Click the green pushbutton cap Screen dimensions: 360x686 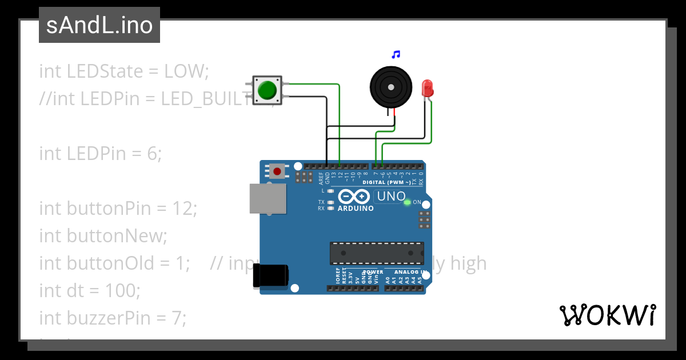pos(266,90)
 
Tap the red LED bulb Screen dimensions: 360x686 pos(426,88)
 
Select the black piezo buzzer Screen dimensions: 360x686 pos(390,87)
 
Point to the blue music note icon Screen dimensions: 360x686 pos(396,55)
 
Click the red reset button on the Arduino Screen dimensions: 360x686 pos(278,171)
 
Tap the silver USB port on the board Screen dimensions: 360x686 pos(268,198)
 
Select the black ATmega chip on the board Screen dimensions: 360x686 pos(377,253)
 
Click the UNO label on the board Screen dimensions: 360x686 pos(390,197)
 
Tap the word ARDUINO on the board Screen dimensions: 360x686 pos(356,209)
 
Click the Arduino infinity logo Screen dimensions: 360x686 pos(354,197)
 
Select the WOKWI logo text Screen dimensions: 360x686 pos(607,315)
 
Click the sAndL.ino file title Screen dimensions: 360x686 pos(99,25)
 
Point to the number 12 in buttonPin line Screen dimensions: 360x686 pos(184,209)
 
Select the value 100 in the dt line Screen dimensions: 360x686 pos(121,291)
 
